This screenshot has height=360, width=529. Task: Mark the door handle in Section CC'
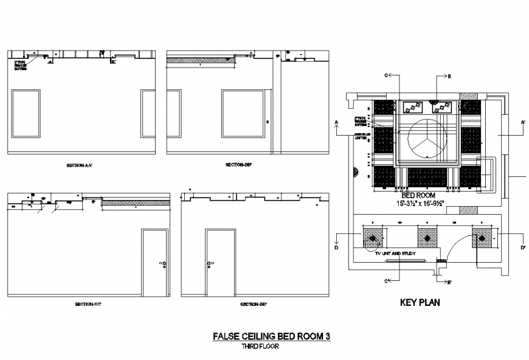coord(163,263)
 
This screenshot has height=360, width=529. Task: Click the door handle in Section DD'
coord(210,263)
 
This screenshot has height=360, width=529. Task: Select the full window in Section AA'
coord(26,113)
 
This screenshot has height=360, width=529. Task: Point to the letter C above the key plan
coord(386,75)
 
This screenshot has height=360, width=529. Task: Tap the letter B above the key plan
coord(449,77)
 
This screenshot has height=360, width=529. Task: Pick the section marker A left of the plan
coord(336,122)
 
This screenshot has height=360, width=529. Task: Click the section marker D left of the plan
coord(336,247)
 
